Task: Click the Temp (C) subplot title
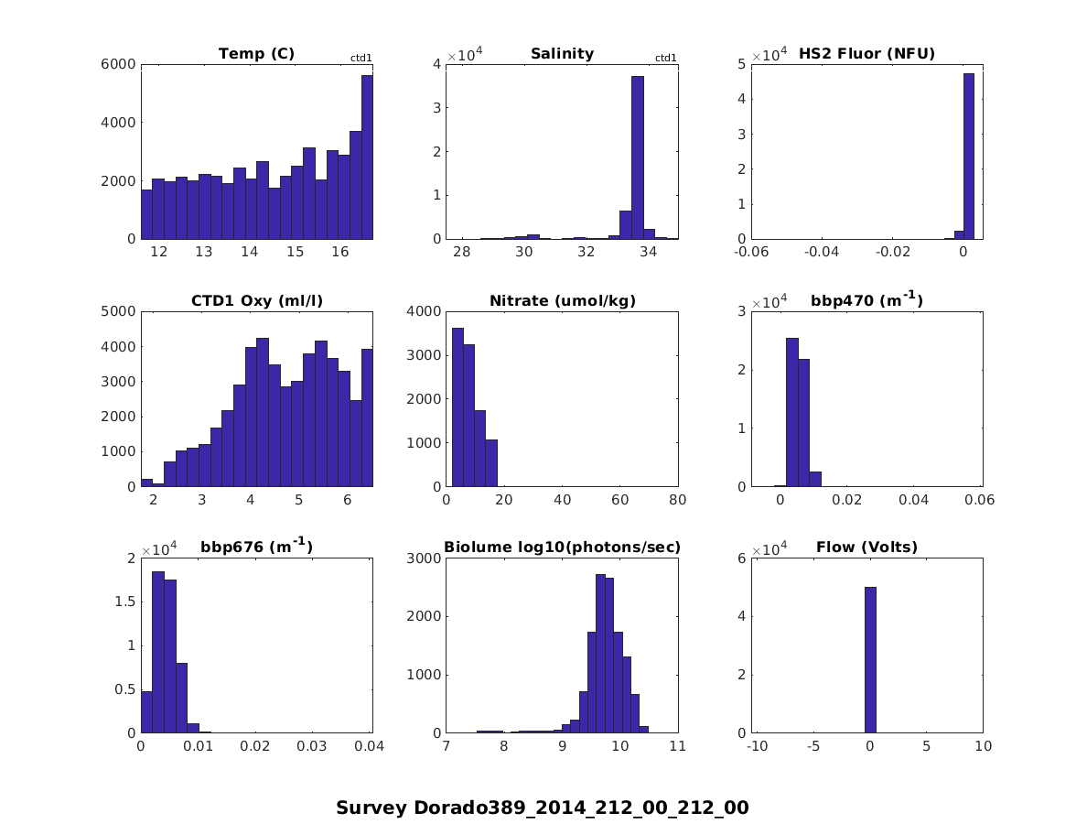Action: tap(256, 54)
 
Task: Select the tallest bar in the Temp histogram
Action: tap(367, 157)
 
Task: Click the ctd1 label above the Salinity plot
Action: tap(666, 59)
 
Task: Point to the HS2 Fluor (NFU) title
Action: tap(866, 54)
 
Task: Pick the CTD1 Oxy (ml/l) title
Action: tap(256, 301)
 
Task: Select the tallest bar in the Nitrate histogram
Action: tap(457, 407)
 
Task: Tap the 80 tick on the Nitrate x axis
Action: tap(678, 500)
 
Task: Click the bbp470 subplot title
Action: tap(866, 300)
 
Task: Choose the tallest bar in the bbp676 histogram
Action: tap(158, 652)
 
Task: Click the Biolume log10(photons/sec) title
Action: tap(562, 548)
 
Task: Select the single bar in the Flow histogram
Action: tap(870, 659)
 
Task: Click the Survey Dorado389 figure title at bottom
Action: tap(543, 808)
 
